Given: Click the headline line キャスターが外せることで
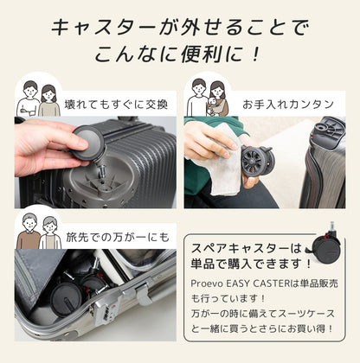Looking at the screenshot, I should tap(180, 27).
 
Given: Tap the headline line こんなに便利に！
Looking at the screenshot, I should tap(180, 57).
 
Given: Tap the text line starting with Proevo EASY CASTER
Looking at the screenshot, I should tap(264, 285).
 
